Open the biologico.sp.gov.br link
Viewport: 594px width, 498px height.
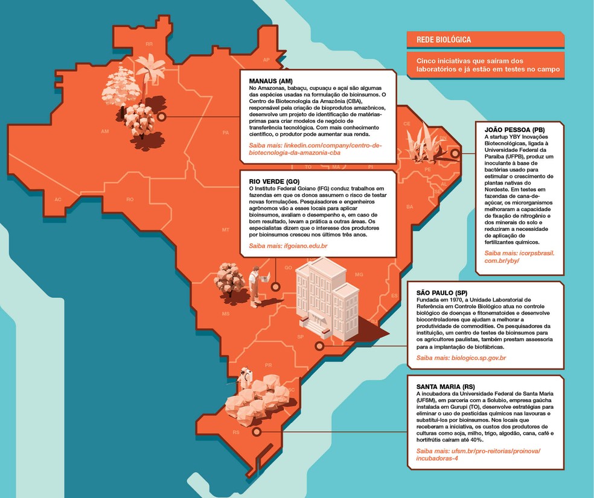(461, 358)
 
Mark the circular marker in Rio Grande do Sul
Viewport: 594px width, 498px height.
(257, 432)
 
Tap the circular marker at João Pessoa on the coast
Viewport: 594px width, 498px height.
(455, 153)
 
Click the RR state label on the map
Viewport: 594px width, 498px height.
(149, 44)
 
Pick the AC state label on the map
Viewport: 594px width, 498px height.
(58, 199)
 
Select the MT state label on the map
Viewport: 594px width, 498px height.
(226, 230)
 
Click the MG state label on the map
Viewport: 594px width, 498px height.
(359, 274)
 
